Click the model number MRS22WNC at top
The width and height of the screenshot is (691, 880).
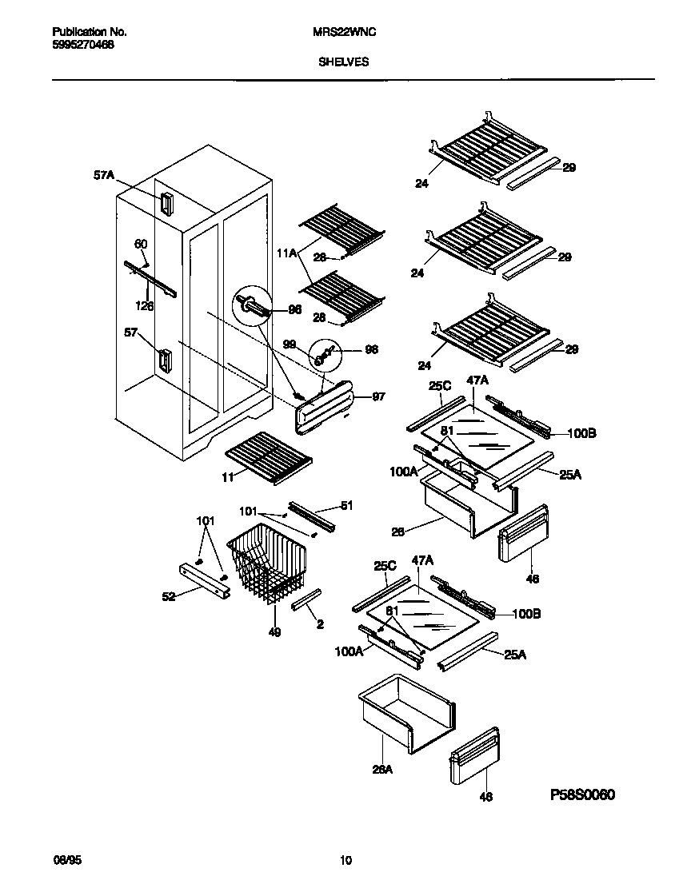click(344, 32)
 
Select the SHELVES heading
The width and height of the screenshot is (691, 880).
click(344, 61)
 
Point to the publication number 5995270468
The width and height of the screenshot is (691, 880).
click(83, 46)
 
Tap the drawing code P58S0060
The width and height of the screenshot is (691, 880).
click(583, 795)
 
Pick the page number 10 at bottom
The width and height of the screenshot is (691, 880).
click(345, 861)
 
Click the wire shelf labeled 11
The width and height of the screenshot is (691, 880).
click(269, 457)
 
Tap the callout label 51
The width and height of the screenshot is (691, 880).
click(346, 505)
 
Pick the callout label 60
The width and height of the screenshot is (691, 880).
click(141, 244)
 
